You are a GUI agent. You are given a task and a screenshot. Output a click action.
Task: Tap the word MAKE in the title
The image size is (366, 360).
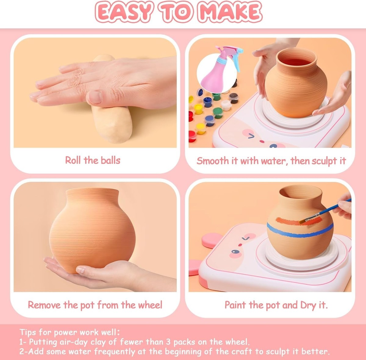pyautogui.click(x=230, y=12)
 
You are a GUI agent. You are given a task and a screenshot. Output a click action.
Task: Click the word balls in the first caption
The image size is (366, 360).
pyautogui.click(x=110, y=160)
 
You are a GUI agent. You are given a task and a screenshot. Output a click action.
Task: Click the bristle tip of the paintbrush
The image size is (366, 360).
pyautogui.click(x=302, y=221)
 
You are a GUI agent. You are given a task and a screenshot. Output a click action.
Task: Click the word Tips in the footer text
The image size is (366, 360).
pyautogui.click(x=28, y=332)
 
